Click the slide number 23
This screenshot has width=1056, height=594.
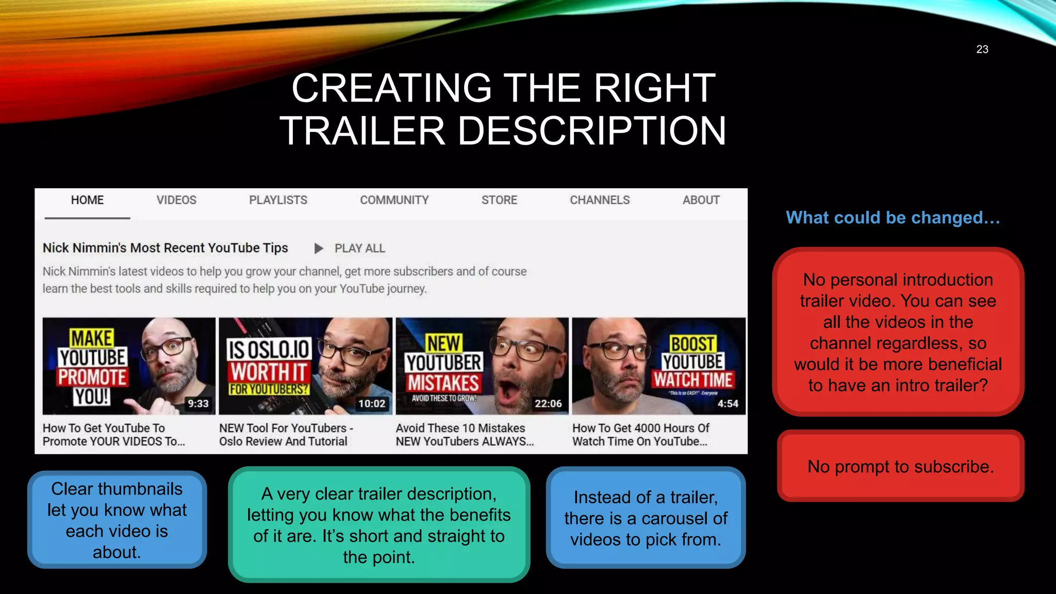[x=982, y=49]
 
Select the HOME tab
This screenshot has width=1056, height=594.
[x=87, y=200]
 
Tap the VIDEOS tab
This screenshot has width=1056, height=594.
[x=176, y=200]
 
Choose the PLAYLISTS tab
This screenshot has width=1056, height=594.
[x=278, y=200]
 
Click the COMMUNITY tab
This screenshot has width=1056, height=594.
[x=394, y=200]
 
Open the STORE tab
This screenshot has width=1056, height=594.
[x=499, y=200]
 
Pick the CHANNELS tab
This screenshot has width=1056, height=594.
[x=600, y=200]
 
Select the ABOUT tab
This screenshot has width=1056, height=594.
[x=701, y=200]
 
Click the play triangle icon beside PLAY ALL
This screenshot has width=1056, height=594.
[x=319, y=249]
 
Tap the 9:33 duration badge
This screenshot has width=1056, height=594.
[x=198, y=403]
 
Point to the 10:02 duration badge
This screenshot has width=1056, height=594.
[x=372, y=403]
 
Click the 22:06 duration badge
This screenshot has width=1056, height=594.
[x=548, y=403]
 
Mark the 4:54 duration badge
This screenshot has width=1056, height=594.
[x=728, y=403]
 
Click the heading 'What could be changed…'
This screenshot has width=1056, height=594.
[x=893, y=218]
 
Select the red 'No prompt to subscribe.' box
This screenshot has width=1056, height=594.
[x=900, y=466]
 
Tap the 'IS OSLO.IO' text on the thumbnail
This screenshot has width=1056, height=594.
[x=269, y=350]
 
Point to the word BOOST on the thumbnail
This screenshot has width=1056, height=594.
[x=692, y=343]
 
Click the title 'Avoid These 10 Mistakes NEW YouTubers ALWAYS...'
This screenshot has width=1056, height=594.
[x=464, y=435]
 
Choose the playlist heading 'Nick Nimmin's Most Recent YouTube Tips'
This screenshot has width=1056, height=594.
[x=165, y=248]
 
